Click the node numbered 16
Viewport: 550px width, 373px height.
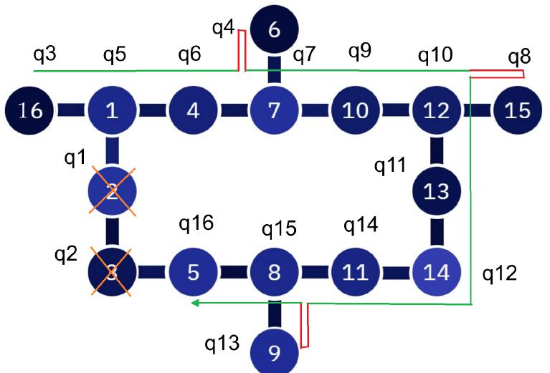(x=30, y=110)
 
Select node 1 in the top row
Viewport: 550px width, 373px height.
(x=112, y=110)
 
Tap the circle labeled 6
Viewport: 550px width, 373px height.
(x=273, y=30)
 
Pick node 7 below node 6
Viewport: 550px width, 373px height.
(x=273, y=110)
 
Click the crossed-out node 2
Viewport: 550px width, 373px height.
(x=112, y=192)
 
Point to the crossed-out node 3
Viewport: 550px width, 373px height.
(x=112, y=273)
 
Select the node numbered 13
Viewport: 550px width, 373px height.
(x=436, y=192)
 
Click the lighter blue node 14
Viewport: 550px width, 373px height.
(x=436, y=273)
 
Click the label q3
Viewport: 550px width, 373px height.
(x=45, y=55)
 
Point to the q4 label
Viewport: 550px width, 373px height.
(x=223, y=29)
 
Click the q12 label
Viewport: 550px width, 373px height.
(x=499, y=273)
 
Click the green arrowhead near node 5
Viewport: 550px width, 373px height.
(x=194, y=304)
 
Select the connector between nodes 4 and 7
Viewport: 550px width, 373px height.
(x=233, y=110)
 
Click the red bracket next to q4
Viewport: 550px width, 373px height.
(x=242, y=50)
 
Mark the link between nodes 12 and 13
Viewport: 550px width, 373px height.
(x=436, y=151)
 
